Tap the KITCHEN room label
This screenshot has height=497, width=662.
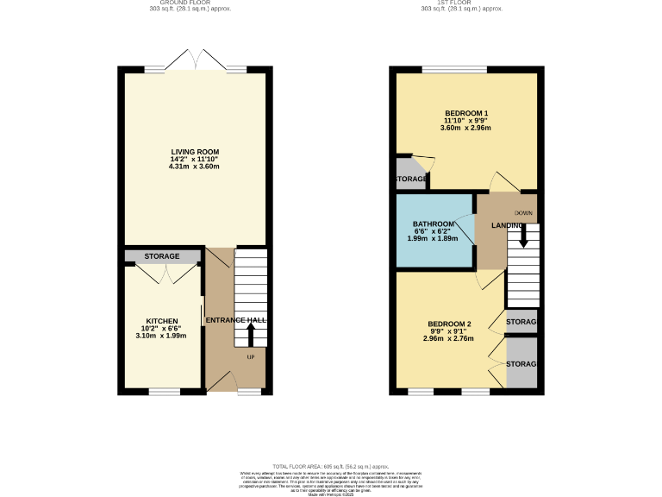pos(162,321)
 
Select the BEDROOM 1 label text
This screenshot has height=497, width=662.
pos(466,113)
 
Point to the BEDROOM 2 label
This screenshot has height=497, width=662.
pos(448,324)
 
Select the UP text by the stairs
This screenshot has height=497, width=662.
pos(251,356)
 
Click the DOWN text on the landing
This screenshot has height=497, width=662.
pos(524,213)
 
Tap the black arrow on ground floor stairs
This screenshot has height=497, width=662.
pos(251,333)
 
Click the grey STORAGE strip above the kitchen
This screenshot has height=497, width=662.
pos(162,256)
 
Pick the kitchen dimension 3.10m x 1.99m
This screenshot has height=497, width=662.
pos(162,337)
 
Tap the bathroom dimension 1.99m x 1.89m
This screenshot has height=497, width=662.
pos(433,239)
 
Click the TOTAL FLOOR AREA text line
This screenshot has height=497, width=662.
pos(332,465)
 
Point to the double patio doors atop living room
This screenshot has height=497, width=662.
pos(196,60)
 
